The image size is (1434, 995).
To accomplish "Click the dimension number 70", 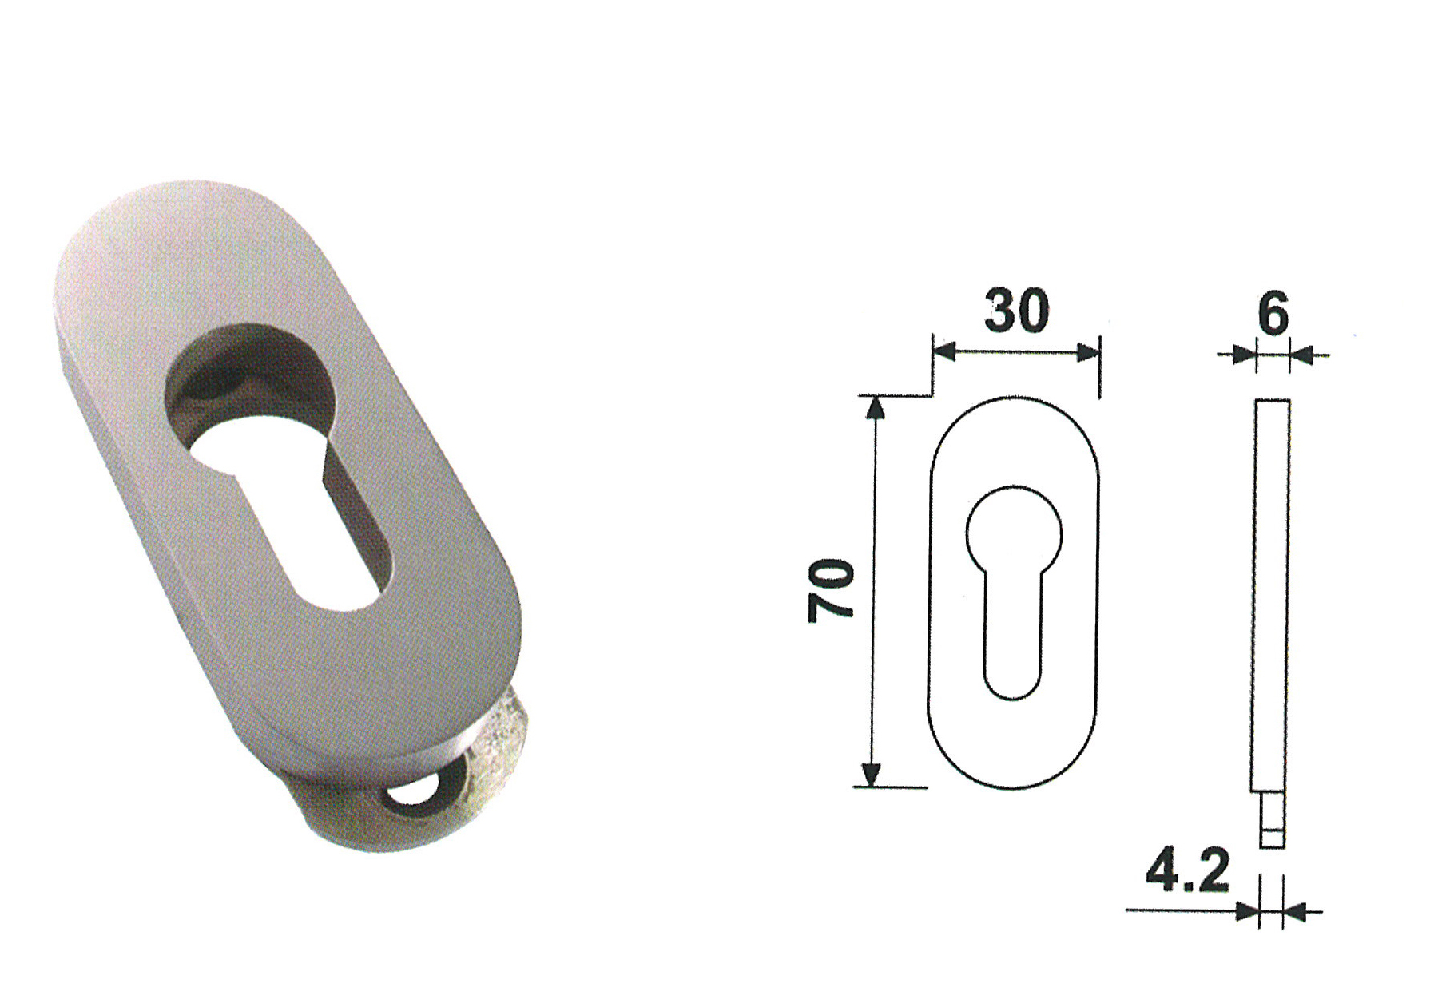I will (831, 590).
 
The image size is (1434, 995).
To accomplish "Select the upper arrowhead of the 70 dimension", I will (876, 406).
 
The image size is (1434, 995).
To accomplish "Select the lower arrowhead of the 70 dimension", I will (872, 774).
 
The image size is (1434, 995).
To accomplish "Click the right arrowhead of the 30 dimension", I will (1087, 352).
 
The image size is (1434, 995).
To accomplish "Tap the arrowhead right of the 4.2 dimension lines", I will (1294, 910).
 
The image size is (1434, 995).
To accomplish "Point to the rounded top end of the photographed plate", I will (160, 216).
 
